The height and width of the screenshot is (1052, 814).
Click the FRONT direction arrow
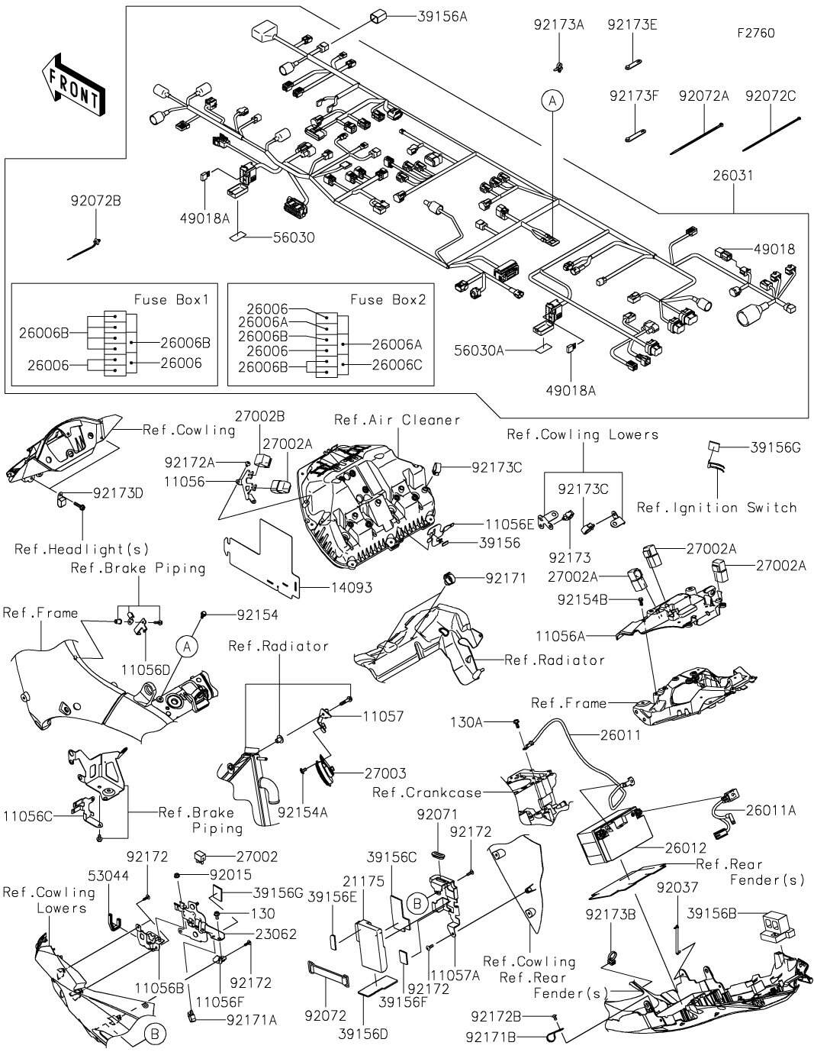[72, 86]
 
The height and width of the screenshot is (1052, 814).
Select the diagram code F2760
[756, 33]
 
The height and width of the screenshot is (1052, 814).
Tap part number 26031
[732, 176]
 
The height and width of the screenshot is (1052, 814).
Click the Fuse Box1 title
[171, 300]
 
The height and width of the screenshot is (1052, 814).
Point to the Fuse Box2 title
[388, 300]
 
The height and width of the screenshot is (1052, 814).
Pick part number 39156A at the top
[442, 17]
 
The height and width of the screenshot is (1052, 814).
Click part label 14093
[351, 588]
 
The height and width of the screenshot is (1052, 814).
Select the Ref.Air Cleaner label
[397, 420]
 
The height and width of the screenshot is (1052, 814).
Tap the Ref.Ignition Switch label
[716, 508]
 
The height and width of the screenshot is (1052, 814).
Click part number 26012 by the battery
[685, 847]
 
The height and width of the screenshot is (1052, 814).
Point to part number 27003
[385, 773]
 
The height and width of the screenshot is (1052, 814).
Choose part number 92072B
[96, 201]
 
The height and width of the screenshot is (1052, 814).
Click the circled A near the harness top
[552, 101]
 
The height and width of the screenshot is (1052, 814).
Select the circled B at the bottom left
[155, 1034]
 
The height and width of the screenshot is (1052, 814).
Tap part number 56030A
[479, 350]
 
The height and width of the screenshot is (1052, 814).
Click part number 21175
[363, 881]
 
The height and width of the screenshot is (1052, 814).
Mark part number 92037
[677, 887]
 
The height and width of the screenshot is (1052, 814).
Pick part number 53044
[108, 876]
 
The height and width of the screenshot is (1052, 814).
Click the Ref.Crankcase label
[427, 792]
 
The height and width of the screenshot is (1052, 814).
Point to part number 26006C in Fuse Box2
[397, 365]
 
